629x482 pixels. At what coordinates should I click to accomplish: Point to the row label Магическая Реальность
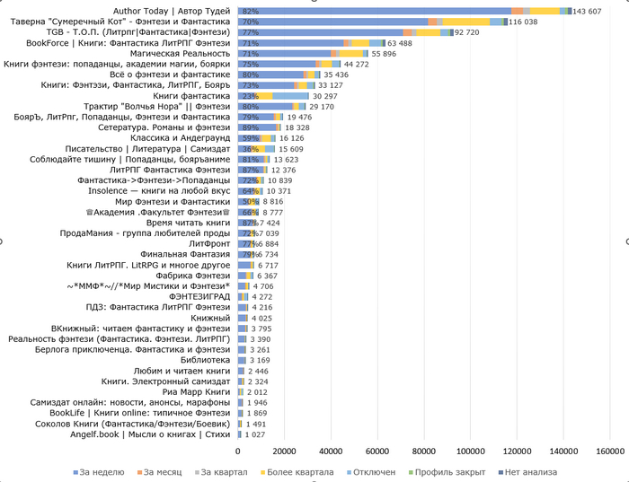click(x=189, y=54)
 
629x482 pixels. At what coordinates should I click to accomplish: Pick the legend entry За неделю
click(x=98, y=472)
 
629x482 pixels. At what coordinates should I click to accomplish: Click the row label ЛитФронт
click(x=210, y=243)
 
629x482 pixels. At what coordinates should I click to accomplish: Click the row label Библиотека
click(x=207, y=360)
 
